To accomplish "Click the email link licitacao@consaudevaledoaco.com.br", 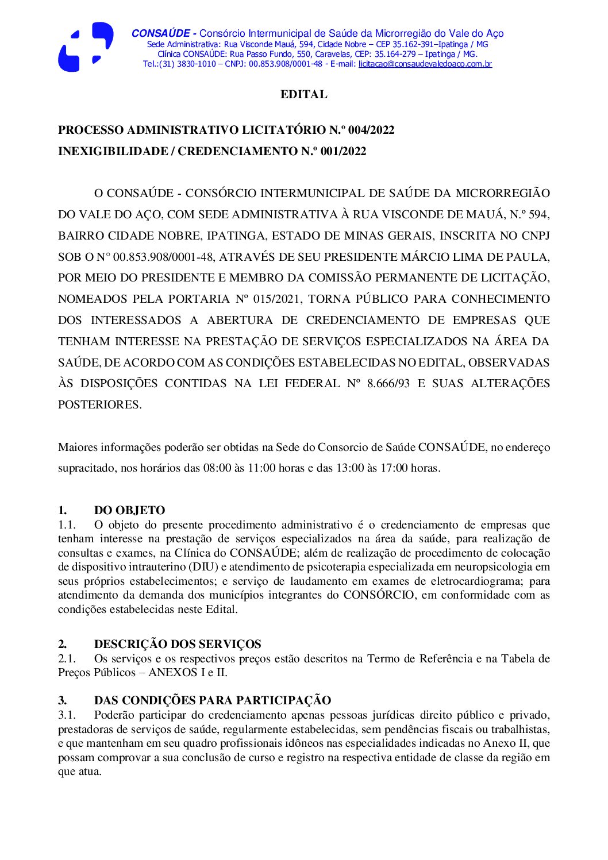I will [425, 64].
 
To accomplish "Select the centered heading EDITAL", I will [303, 94].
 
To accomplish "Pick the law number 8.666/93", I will [388, 383].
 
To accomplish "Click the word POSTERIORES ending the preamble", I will [99, 404].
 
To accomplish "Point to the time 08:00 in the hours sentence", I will [217, 468].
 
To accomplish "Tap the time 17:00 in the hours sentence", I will [394, 468].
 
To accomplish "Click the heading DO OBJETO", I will [129, 510].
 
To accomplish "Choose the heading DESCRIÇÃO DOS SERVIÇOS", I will [178, 644].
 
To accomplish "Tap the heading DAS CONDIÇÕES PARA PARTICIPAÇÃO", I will [213, 700].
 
